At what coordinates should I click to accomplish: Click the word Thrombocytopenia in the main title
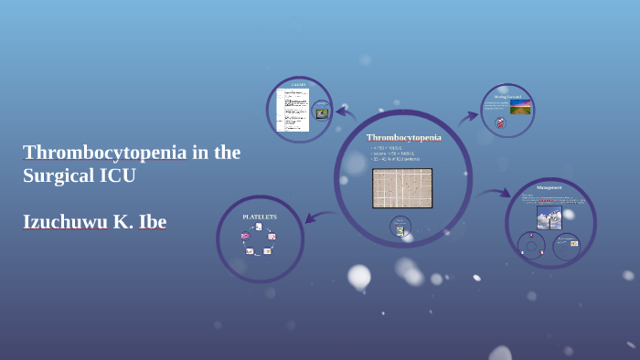(105, 152)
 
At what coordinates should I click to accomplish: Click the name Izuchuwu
(73, 221)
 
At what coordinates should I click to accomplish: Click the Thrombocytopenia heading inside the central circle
(403, 137)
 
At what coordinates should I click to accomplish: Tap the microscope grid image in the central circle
(402, 187)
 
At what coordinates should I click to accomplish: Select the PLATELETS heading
(260, 217)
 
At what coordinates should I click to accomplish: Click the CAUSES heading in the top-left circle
(298, 85)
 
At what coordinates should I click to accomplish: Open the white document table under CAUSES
(293, 111)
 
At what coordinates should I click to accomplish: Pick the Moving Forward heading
(507, 96)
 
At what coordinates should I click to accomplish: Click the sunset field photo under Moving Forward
(519, 107)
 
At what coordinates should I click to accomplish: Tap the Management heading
(549, 187)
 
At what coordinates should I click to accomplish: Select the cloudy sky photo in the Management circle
(549, 217)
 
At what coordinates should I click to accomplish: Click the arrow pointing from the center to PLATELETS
(319, 217)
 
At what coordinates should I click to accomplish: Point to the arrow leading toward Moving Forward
(468, 116)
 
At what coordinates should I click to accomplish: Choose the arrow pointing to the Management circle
(495, 193)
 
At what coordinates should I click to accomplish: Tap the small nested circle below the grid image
(400, 227)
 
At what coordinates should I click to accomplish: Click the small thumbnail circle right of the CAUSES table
(322, 112)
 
